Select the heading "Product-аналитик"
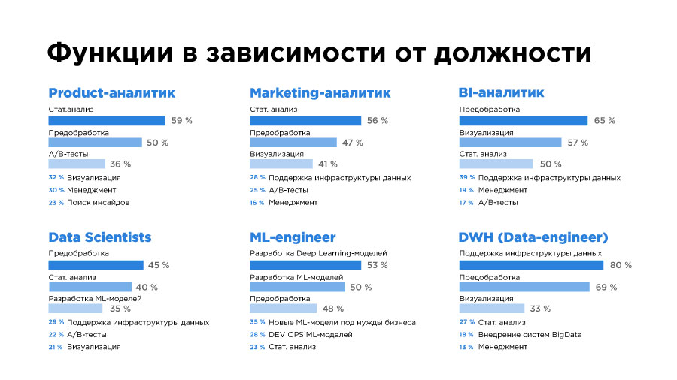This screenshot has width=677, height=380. (x=111, y=93)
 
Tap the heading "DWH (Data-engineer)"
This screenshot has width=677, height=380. (x=533, y=237)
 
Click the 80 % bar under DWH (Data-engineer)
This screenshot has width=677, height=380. (x=531, y=265)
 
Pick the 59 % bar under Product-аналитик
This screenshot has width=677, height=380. (x=107, y=120)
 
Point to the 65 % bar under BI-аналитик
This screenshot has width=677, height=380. (x=523, y=120)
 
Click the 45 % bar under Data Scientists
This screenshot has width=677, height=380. (x=96, y=265)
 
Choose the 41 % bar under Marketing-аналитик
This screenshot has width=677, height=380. (x=281, y=164)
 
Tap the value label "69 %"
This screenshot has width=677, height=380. (x=606, y=287)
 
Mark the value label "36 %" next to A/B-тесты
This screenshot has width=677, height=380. (x=120, y=164)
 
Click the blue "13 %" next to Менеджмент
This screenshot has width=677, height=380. (x=466, y=347)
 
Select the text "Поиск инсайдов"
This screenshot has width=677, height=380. (x=98, y=202)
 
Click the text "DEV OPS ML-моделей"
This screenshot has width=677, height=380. (x=310, y=334)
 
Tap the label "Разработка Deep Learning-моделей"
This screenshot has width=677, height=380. (x=318, y=253)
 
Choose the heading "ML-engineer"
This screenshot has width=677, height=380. (x=293, y=237)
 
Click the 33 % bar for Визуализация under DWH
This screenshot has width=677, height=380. (x=491, y=308)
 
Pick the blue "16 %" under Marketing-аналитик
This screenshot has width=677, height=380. (x=257, y=202)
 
